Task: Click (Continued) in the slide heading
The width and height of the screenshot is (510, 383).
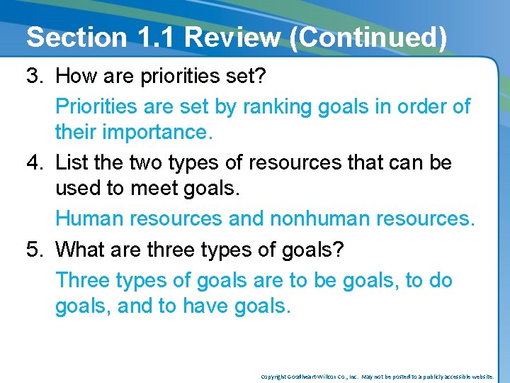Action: (368, 37)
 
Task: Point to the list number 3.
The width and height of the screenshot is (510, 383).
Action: (36, 75)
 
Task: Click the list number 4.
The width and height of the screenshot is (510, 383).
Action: (36, 162)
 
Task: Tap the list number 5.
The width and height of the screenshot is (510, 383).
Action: (36, 250)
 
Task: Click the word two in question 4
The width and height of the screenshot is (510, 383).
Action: (147, 162)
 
